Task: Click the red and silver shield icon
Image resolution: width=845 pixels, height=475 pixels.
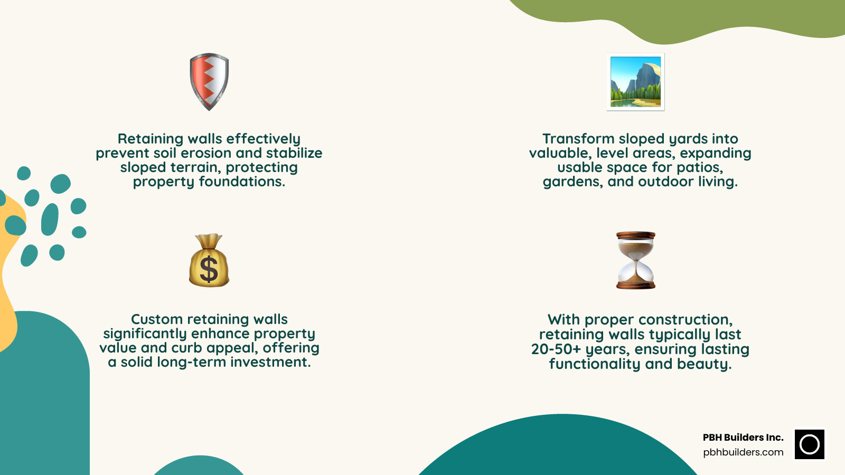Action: pos(209,81)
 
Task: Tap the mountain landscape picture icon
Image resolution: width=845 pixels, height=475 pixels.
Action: pos(635,82)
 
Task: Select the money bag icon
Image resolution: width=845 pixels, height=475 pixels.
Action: pos(209,261)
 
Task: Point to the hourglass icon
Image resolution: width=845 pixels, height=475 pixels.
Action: pos(636,260)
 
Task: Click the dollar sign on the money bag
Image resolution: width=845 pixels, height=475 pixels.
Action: pos(209,269)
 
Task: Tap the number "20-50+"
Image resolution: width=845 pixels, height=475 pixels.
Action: pos(556,349)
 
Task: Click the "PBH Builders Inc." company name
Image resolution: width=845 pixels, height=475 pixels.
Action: pos(743,438)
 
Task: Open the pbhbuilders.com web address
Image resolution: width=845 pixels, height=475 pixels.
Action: pos(743,452)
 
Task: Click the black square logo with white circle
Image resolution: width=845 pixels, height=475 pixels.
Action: pos(809,444)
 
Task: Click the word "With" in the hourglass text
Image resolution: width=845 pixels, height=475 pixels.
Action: pos(564,320)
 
